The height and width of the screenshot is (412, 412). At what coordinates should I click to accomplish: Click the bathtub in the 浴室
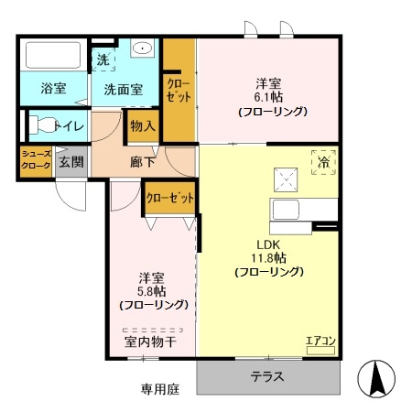[x=53, y=55]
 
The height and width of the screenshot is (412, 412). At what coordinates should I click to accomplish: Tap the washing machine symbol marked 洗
[x=103, y=60]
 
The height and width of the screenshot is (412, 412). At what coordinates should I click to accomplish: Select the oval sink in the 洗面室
[x=142, y=48]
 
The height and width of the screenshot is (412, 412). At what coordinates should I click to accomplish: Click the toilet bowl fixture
[x=43, y=125]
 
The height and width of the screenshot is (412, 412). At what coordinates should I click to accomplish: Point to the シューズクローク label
[x=36, y=160]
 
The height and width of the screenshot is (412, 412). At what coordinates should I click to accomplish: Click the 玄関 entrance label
[x=71, y=162]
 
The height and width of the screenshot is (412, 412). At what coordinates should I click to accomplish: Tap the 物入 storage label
[x=143, y=125]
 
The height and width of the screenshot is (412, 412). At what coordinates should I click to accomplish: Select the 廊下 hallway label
[x=142, y=162]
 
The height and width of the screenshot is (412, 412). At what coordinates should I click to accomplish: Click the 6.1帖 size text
[x=268, y=97]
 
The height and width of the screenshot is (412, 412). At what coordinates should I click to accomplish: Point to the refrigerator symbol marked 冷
[x=323, y=162]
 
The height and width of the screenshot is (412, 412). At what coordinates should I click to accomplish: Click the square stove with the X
[x=286, y=180]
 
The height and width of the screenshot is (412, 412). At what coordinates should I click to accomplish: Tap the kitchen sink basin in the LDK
[x=286, y=210]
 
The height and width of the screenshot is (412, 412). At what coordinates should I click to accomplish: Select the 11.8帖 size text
[x=268, y=258]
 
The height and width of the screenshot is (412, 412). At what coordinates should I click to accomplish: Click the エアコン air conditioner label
[x=320, y=341]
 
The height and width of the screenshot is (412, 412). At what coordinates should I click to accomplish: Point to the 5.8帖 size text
[x=152, y=291]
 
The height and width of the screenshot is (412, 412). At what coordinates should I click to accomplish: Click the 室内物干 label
[x=150, y=342]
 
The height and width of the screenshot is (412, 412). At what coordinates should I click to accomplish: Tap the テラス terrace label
[x=267, y=377]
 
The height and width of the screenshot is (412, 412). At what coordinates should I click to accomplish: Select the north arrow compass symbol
[x=376, y=379]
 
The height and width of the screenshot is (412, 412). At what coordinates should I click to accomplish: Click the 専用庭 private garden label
[x=160, y=389]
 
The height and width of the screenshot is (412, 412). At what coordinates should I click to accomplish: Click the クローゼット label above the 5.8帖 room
[x=170, y=199]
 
